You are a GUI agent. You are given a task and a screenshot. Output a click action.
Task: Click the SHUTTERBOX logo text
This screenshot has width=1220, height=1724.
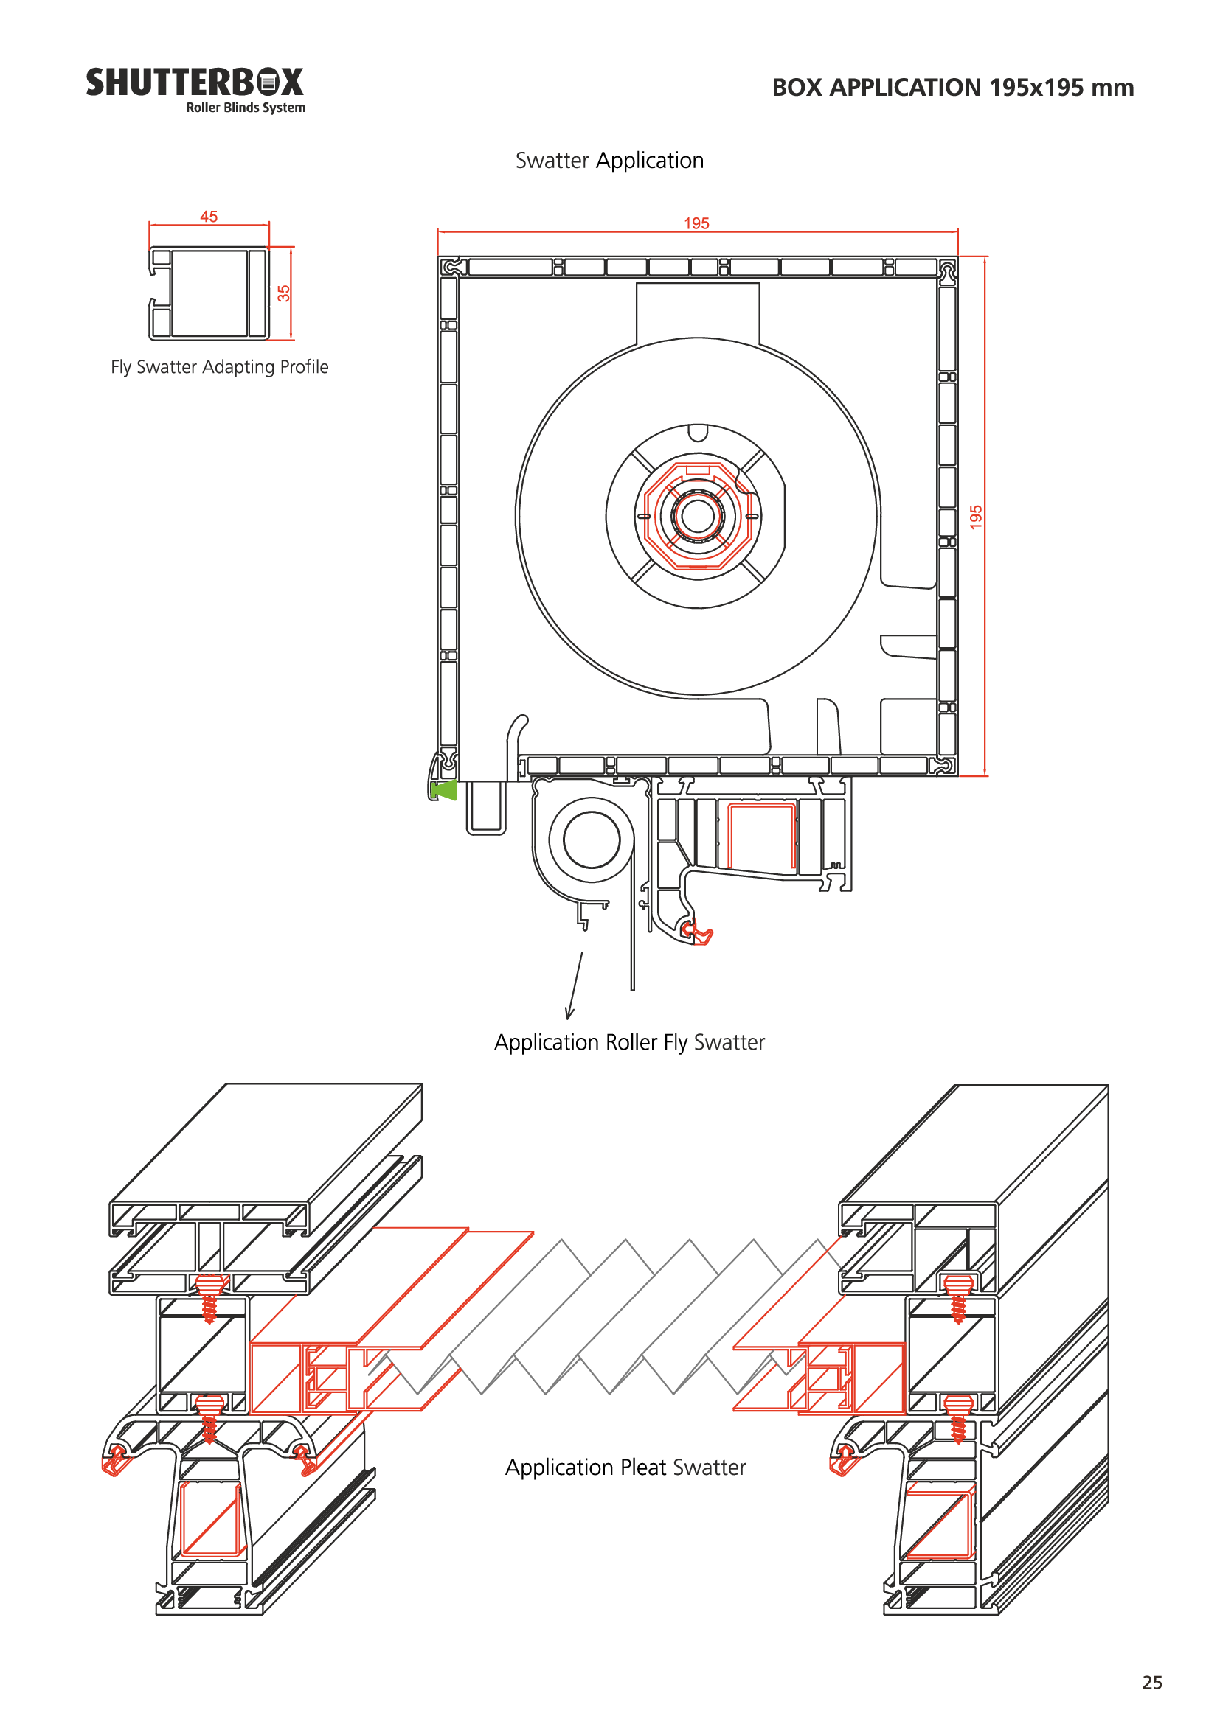(194, 82)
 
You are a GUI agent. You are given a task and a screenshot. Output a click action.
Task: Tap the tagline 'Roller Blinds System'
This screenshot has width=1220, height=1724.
(246, 108)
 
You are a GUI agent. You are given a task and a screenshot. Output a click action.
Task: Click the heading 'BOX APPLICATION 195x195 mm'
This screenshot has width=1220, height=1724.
(952, 88)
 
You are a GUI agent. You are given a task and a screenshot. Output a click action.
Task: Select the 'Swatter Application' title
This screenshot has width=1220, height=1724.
(609, 161)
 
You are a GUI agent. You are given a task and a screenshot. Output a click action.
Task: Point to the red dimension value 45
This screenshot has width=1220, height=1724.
(208, 217)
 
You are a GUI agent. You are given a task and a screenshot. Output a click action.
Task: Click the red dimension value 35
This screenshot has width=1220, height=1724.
(283, 293)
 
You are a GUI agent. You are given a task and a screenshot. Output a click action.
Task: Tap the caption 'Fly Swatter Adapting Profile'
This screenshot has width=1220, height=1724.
(219, 367)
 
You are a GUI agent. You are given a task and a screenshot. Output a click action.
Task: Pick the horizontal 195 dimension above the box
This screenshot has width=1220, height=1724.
(696, 224)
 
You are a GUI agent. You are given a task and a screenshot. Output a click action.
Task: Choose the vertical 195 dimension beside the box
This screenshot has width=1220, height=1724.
(976, 517)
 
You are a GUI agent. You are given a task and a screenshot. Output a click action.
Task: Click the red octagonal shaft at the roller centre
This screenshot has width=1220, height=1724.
(698, 517)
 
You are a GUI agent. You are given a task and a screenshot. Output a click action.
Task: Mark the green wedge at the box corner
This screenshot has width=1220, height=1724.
(445, 790)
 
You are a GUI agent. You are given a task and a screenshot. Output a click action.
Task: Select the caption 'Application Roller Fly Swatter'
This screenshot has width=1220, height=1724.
(629, 1042)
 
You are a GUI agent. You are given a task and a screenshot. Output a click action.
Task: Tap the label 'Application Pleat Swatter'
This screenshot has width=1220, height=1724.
(625, 1468)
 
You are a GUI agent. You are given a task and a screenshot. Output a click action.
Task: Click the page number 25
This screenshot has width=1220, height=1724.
(1151, 1683)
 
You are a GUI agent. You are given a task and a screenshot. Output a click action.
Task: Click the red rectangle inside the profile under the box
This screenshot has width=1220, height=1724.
(760, 835)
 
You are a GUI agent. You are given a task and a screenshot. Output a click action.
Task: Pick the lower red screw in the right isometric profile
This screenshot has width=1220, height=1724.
(958, 1417)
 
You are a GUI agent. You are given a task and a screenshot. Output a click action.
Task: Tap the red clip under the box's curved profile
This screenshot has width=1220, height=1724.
(698, 934)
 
